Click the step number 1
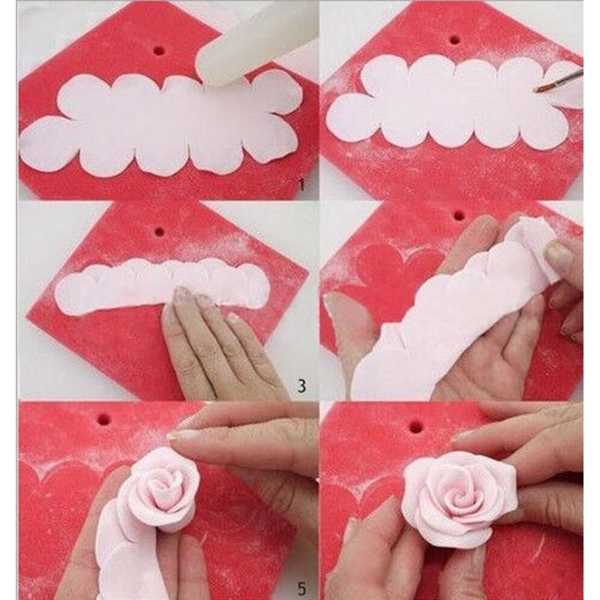[x=302, y=185]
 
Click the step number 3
[x=302, y=386]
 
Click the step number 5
[x=302, y=588]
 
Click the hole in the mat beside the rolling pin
[x=158, y=49]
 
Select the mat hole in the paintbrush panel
[x=455, y=39]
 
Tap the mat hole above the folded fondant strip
[x=160, y=231]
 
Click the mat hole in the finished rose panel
[x=416, y=424]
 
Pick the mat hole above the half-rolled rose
[x=104, y=419]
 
